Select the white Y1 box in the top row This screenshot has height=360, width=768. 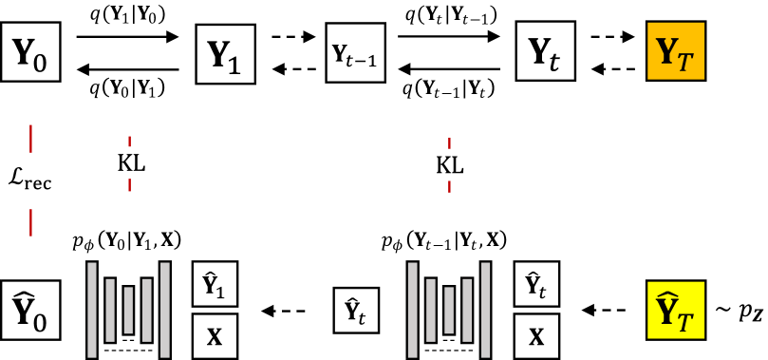225,54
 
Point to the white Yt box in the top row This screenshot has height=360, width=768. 545,52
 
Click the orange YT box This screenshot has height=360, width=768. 675,52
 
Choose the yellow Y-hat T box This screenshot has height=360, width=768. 675,310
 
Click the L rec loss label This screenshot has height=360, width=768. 31,176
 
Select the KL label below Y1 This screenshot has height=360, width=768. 130,164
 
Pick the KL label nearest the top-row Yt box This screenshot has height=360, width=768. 450,164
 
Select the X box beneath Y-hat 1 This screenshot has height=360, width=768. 215,335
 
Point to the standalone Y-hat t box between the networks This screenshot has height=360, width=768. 356,310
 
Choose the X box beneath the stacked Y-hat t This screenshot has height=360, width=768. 536,335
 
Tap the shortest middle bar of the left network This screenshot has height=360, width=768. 128,310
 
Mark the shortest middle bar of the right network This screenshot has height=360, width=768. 449,310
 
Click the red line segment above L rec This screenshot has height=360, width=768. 31,138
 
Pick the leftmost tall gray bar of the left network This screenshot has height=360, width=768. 92,310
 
